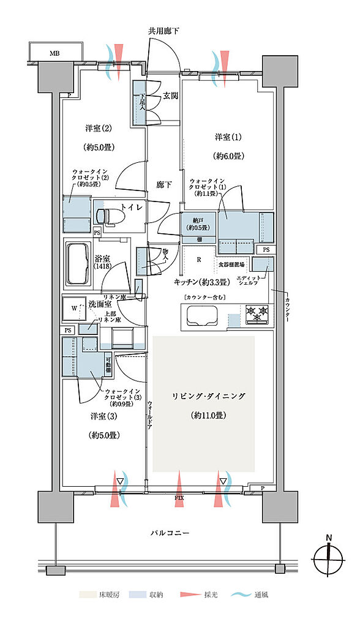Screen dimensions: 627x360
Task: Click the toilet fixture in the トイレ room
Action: coord(107,216)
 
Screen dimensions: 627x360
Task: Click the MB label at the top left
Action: coord(54,53)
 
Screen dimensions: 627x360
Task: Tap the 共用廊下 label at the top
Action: coord(163,31)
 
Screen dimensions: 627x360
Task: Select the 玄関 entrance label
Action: coord(170,96)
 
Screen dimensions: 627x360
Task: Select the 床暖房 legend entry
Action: coord(98,595)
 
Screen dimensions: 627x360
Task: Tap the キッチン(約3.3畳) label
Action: coord(201,282)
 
